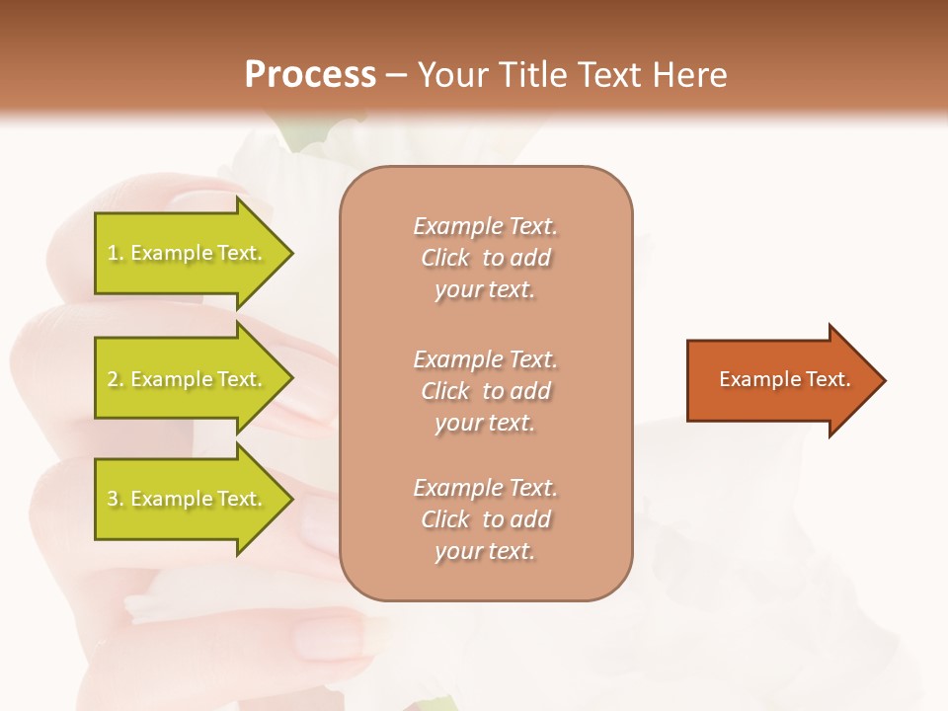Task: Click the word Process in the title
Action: click(x=310, y=75)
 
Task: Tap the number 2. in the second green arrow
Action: click(x=116, y=379)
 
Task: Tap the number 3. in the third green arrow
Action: click(x=116, y=499)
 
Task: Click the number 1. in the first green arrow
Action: click(x=115, y=253)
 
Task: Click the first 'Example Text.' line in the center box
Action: click(x=485, y=226)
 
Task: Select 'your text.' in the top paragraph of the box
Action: click(x=485, y=290)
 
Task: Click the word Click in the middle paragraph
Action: click(x=445, y=391)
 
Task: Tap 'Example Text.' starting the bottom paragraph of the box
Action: click(x=485, y=488)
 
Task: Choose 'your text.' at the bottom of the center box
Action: click(x=485, y=552)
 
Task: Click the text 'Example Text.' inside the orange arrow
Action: click(x=784, y=379)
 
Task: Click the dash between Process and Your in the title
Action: click(x=396, y=75)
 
